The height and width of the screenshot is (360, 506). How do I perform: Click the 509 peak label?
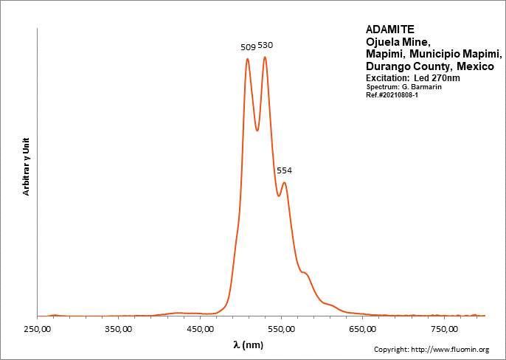248,47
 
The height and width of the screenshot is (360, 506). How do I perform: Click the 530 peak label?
265,45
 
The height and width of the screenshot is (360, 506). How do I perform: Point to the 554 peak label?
284,170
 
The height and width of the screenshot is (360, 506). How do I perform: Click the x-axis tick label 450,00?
201,329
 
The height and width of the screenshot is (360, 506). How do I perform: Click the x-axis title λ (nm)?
248,345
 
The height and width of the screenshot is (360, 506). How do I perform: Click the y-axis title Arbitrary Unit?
27,166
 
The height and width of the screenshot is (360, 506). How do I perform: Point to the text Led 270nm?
436,78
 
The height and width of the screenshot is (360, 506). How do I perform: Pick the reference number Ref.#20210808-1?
392,95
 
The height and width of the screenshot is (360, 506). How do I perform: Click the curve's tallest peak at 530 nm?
265,57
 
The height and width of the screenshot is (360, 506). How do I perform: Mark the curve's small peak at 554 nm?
284,183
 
